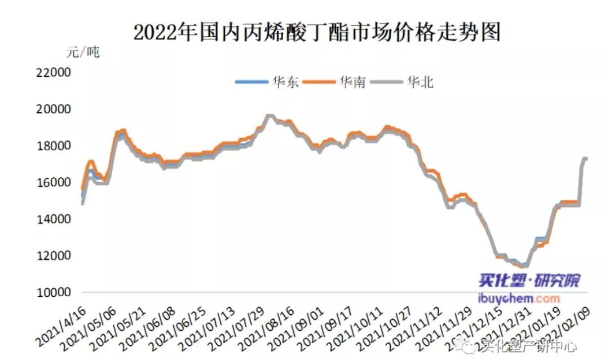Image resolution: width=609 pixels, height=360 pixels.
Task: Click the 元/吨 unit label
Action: [x=82, y=52]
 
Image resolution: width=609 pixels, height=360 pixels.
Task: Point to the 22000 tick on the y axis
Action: [x=51, y=73]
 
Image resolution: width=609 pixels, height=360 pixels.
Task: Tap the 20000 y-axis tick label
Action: [x=51, y=109]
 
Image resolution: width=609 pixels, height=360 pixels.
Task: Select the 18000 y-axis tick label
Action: [x=51, y=146]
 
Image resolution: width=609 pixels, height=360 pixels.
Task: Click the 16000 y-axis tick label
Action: [x=51, y=182]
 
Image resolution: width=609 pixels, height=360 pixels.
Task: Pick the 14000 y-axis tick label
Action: [x=51, y=219]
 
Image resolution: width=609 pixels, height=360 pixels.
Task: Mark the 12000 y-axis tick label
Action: [x=51, y=256]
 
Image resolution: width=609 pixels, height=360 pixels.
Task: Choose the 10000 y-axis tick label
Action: [x=51, y=292]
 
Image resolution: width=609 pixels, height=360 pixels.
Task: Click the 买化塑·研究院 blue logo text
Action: [x=521, y=280]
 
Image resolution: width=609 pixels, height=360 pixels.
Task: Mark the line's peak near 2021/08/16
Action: [x=270, y=116]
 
